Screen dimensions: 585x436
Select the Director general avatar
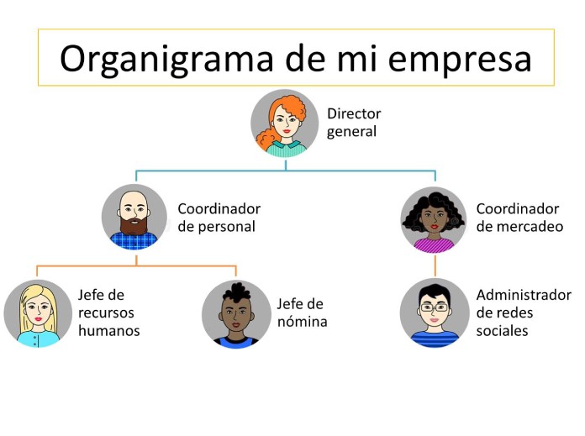(285, 123)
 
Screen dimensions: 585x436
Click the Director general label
(354, 123)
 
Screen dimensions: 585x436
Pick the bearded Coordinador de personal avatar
(134, 217)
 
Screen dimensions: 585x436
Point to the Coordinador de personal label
(219, 218)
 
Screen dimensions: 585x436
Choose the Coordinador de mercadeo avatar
(434, 219)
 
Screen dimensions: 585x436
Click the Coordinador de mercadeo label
(519, 218)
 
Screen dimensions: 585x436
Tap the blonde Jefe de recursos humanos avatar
(38, 313)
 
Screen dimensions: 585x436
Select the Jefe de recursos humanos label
(109, 313)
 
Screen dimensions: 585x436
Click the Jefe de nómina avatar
(236, 314)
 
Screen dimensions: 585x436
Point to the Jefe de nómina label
(303, 313)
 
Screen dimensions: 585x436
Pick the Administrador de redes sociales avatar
(435, 313)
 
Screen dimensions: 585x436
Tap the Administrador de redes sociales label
(524, 313)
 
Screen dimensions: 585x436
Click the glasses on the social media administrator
(435, 307)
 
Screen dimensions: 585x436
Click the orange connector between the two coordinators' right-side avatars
(435, 266)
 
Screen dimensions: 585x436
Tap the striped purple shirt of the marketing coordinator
(434, 245)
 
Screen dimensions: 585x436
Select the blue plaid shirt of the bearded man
(134, 240)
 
